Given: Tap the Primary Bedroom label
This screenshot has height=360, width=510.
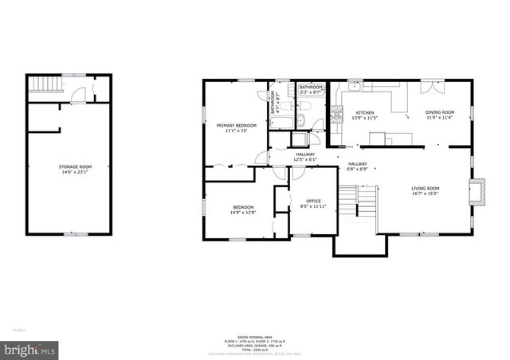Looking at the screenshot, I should [236, 127].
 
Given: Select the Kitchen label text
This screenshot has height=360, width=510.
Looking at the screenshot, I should [365, 115].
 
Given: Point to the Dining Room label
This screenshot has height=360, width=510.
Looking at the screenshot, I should [438, 115].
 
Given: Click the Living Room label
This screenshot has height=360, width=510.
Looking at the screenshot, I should [425, 190].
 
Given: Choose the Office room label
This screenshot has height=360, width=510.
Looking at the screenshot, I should [303, 203].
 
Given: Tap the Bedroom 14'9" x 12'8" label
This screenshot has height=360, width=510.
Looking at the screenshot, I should [242, 209].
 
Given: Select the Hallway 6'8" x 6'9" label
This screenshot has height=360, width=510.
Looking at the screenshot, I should [356, 166].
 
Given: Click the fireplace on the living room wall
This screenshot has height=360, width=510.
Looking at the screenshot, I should [477, 192].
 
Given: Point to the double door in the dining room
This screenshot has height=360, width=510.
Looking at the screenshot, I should [430, 82].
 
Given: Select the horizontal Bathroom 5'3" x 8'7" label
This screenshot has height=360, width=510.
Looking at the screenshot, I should [311, 89].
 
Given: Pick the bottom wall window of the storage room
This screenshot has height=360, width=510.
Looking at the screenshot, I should [76, 234].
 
